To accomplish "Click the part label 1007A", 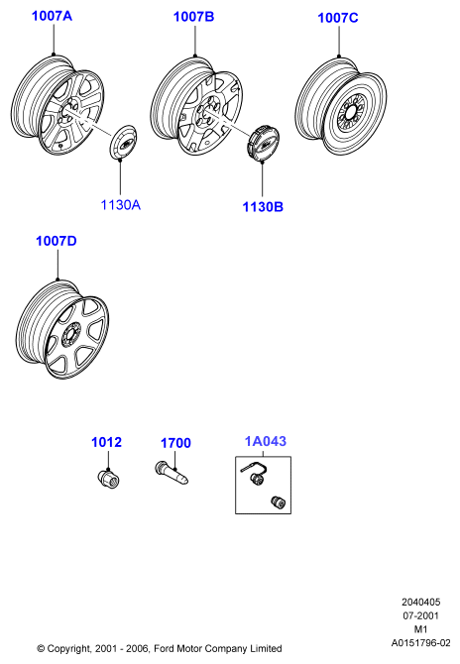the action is [53, 16].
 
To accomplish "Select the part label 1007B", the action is [194, 17].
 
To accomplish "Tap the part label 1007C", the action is [338, 18].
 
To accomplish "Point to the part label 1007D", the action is [57, 241].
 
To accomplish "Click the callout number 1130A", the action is [121, 205].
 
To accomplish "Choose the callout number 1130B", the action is [263, 207].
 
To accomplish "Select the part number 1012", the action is [107, 442].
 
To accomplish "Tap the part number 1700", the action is [175, 443].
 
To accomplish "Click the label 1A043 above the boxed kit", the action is [266, 441].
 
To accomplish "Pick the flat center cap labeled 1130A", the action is [123, 142].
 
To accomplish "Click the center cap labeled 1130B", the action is [263, 143].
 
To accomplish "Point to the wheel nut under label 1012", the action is [108, 478].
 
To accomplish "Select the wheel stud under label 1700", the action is [172, 473].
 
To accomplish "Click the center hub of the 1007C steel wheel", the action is [351, 114].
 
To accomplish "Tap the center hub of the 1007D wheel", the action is [70, 336].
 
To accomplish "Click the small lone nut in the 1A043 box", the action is [278, 502].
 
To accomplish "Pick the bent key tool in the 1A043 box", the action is [255, 469].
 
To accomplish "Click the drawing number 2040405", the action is [421, 602].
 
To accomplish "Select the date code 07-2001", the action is [421, 615].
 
